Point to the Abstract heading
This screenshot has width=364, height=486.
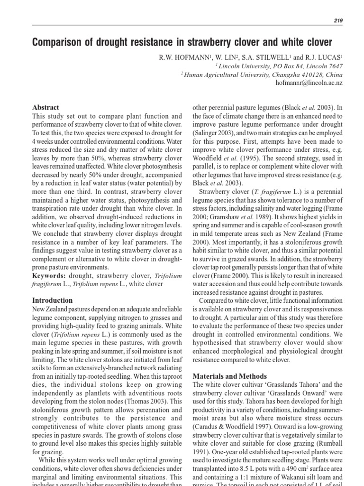(45, 108)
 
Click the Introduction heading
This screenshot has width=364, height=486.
(52, 300)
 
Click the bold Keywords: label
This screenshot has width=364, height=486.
(49, 276)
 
